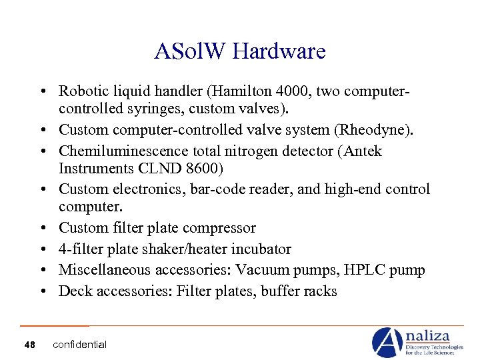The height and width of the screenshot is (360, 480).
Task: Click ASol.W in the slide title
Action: (x=191, y=51)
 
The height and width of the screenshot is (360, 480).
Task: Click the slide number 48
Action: (x=29, y=345)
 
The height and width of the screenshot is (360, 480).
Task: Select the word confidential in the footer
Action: (x=79, y=345)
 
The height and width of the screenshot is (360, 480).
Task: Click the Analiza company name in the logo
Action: (x=429, y=336)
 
